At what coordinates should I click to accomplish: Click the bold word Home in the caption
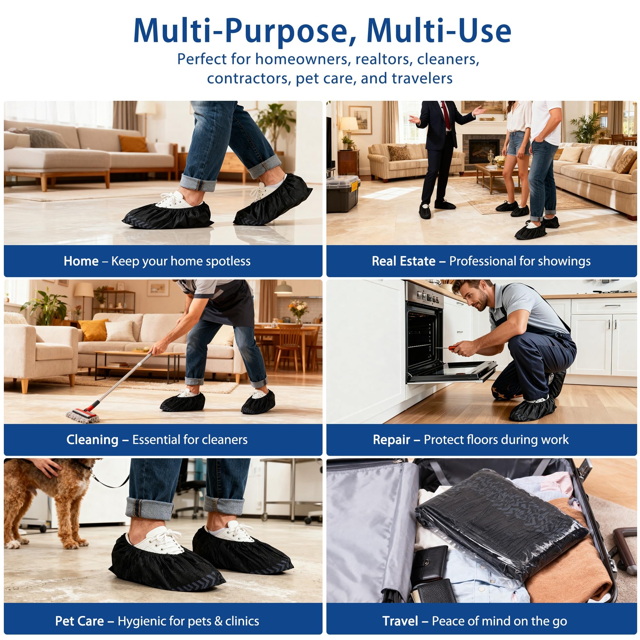81,261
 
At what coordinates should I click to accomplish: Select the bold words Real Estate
404,261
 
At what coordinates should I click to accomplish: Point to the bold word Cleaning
92,440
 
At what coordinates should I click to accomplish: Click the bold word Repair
392,440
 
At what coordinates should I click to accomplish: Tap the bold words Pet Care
79,621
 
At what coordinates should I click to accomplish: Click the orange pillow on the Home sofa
133,143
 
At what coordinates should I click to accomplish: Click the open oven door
452,372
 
